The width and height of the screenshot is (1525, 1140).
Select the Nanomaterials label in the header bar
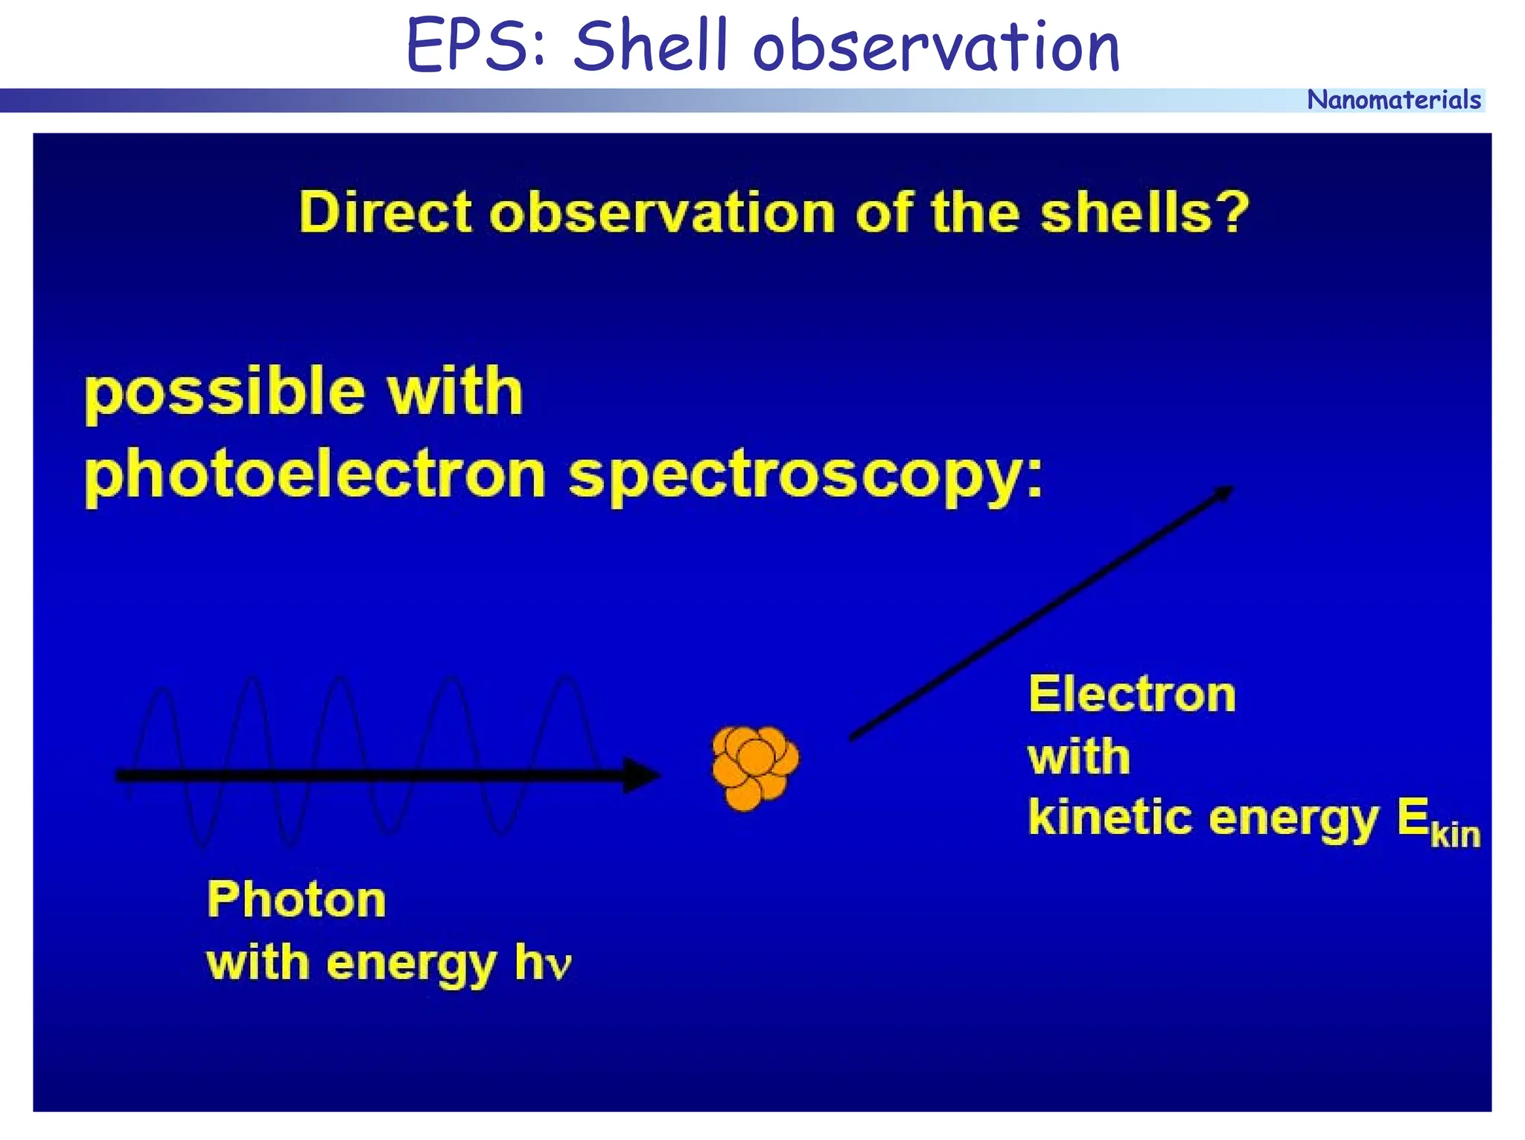pyautogui.click(x=1393, y=100)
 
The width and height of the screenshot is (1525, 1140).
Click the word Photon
pyautogui.click(x=296, y=899)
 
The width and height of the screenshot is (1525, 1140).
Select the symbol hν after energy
pyautogui.click(x=544, y=963)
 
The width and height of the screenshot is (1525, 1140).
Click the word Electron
pyautogui.click(x=1132, y=694)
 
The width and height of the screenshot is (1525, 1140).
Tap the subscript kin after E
pyautogui.click(x=1455, y=834)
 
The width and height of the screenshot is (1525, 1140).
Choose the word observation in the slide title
pyautogui.click(x=936, y=46)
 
